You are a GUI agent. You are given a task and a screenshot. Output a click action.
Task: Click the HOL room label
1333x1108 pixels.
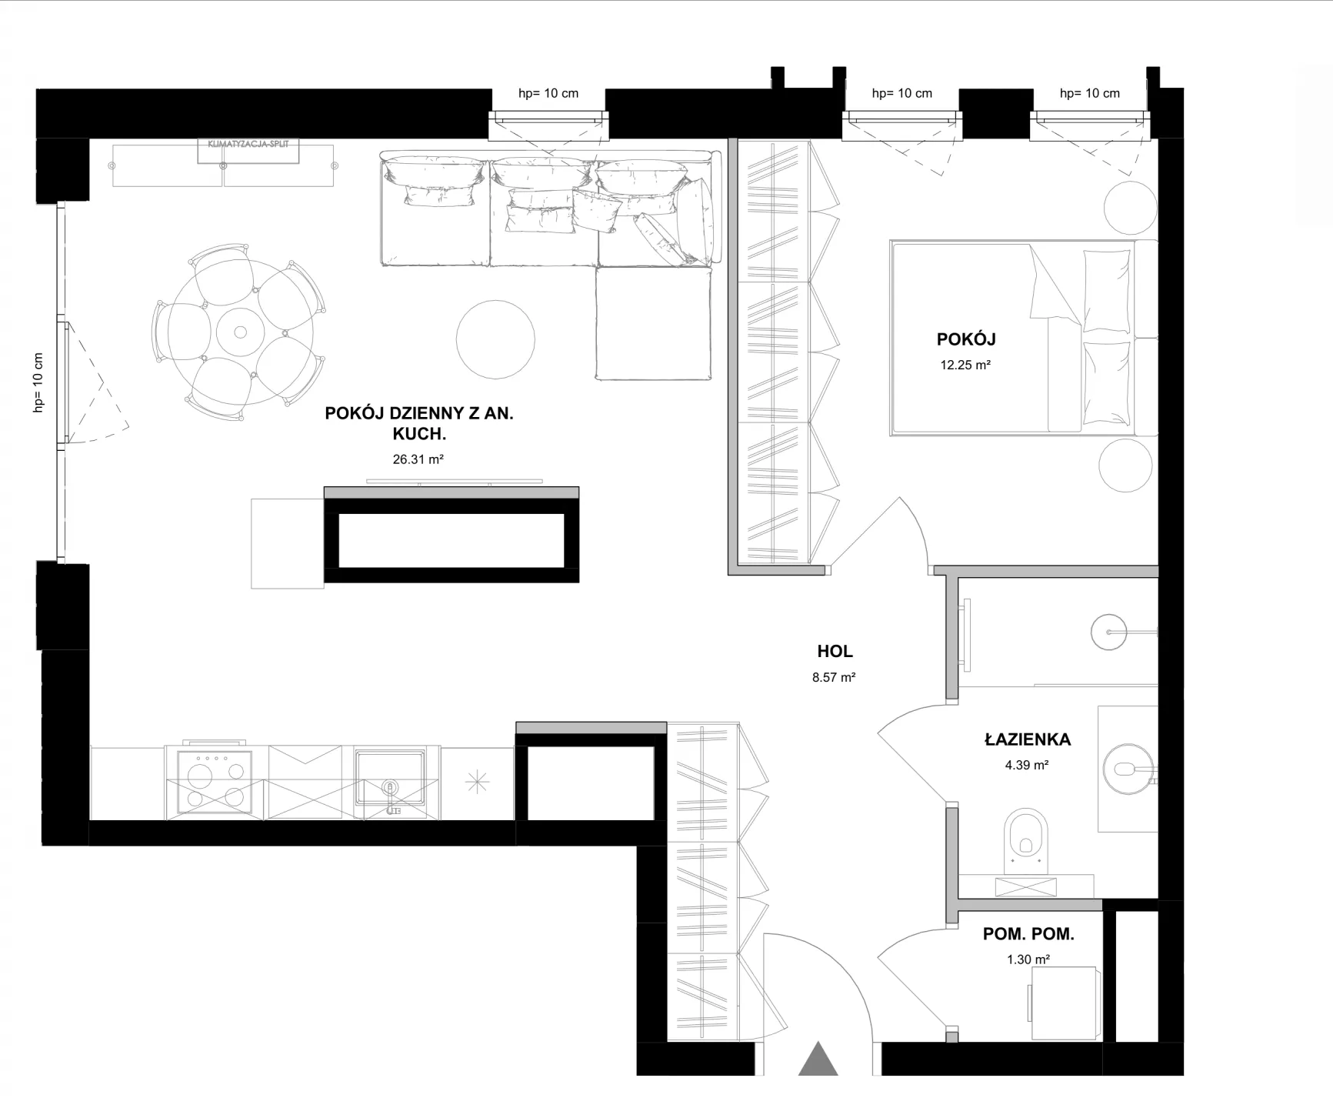tap(835, 652)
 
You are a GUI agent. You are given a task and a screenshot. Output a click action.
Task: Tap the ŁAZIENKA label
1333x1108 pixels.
tap(1028, 739)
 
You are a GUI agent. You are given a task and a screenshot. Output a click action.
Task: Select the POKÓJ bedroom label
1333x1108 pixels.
tap(966, 339)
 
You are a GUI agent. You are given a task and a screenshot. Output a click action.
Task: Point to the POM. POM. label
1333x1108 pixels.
tap(1028, 934)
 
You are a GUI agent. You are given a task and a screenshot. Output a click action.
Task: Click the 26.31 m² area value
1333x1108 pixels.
tap(418, 459)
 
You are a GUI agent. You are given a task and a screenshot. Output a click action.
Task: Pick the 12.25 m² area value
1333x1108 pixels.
tap(965, 365)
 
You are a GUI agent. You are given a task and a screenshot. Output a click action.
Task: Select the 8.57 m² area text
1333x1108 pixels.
tap(834, 678)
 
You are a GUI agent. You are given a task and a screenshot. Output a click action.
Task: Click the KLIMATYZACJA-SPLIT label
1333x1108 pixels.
tap(248, 144)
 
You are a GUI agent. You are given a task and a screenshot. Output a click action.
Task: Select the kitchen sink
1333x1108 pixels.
tap(389, 778)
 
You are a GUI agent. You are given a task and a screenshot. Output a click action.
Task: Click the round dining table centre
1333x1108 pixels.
tap(240, 332)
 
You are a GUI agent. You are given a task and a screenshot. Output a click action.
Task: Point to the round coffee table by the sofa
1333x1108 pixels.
tap(495, 339)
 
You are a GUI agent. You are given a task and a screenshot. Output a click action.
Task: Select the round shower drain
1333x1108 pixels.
tap(1108, 632)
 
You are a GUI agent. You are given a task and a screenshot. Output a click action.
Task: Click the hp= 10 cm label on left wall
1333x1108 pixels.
tap(38, 382)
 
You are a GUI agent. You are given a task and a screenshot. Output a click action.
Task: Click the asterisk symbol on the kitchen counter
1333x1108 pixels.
tap(477, 783)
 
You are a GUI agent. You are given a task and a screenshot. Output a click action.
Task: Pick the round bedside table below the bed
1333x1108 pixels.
tap(1125, 465)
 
